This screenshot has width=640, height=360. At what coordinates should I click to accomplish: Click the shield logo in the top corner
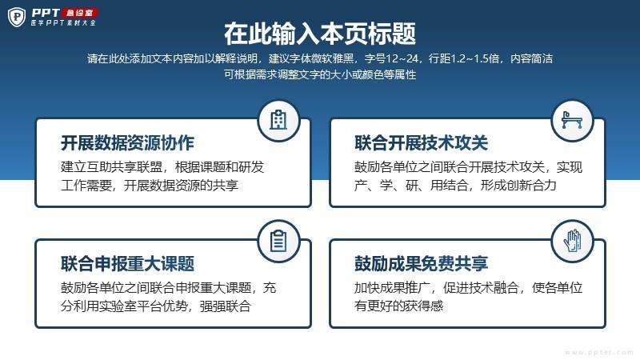[17, 17]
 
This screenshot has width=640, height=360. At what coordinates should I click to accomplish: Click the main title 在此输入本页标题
[320, 34]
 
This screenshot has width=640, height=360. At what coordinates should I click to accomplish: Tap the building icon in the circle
[278, 121]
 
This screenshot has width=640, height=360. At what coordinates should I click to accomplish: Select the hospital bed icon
[572, 120]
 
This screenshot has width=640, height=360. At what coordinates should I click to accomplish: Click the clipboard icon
[278, 241]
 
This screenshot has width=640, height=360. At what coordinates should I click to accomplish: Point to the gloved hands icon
[572, 241]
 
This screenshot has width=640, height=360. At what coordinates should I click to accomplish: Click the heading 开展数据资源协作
[127, 143]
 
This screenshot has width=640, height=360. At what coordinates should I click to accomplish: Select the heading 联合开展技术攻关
[422, 143]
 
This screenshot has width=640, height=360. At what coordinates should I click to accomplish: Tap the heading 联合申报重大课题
[127, 264]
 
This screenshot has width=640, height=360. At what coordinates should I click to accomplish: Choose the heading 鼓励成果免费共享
[422, 264]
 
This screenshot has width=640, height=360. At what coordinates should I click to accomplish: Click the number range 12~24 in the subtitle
[402, 58]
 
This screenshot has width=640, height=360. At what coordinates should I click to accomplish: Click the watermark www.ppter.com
[598, 352]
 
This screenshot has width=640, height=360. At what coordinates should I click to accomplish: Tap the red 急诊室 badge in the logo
[80, 13]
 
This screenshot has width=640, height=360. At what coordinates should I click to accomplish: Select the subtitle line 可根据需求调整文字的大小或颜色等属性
[320, 74]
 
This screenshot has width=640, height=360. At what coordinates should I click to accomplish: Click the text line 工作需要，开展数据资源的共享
[150, 186]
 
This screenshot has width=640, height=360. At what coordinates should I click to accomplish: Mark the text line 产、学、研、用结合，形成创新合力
[455, 186]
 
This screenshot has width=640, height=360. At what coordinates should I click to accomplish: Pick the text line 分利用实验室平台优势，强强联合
[155, 306]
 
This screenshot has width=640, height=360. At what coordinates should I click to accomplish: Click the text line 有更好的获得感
[398, 306]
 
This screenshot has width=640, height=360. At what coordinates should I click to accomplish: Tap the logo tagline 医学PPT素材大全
[63, 23]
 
